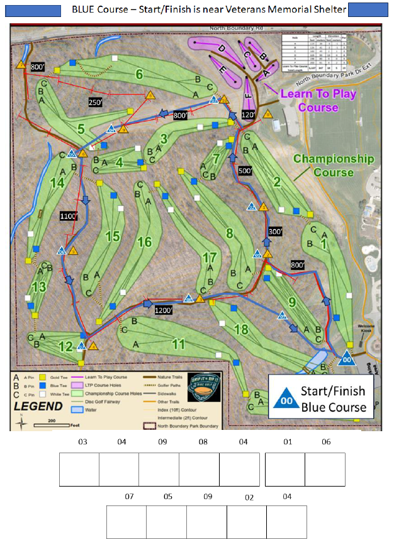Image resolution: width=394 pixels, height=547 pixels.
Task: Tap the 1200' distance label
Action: (x=164, y=310)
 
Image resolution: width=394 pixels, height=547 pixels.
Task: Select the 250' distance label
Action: (x=96, y=103)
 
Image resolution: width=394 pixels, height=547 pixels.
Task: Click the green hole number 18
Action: (x=241, y=329)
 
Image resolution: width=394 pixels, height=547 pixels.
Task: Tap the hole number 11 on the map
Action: (x=179, y=344)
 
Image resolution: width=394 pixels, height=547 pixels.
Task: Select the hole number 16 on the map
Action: (x=145, y=242)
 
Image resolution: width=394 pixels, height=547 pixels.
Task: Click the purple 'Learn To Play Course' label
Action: (x=318, y=101)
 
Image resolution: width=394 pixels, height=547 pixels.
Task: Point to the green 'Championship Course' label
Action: (x=333, y=166)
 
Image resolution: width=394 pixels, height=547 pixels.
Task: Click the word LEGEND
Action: (x=38, y=407)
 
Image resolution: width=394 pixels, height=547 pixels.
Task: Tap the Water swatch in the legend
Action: (x=77, y=409)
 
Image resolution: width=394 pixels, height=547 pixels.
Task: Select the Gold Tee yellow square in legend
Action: (x=42, y=376)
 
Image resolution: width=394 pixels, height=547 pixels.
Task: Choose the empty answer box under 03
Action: (x=79, y=469)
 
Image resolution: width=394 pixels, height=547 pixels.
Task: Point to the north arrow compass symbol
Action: (x=21, y=424)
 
